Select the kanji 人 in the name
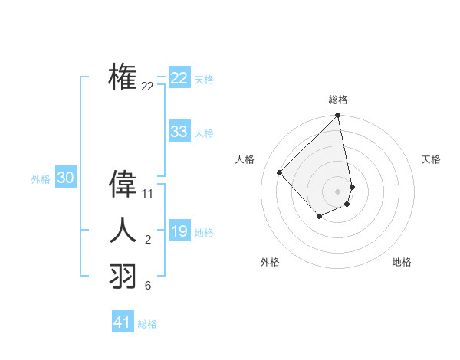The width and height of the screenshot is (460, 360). pos(123,230)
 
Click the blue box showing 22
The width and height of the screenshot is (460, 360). pos(179,78)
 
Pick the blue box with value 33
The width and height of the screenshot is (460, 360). pos(179,132)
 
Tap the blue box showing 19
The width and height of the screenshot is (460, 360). pos(179,231)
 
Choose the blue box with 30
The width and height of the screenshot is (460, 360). pos(65,178)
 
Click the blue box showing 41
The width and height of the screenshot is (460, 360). pos(122,322)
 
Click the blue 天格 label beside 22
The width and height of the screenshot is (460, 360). pos(204,80)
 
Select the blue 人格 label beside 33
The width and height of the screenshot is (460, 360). pos(204,133)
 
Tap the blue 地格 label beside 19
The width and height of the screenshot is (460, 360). pos(204,233)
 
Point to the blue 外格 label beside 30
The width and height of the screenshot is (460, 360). pos(41,179)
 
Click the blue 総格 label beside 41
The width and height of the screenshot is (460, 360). pos(147,324)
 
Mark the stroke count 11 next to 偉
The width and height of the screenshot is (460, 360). pos(148,194)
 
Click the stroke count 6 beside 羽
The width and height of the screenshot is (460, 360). pos(148,286)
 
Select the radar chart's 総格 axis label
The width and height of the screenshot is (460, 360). pos(338,100)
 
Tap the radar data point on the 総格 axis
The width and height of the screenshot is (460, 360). pos(337,116)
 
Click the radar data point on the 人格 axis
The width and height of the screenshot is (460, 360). pos(280,172)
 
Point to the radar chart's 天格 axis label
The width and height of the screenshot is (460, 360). pos(432,159)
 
